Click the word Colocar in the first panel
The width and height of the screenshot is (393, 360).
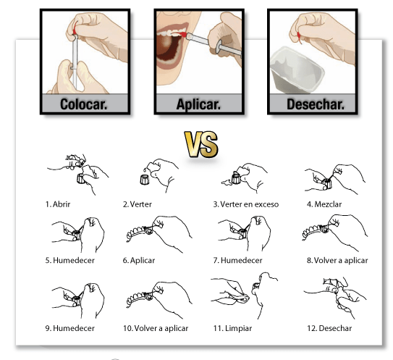pos(83,104)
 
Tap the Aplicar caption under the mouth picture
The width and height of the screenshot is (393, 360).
pos(198,104)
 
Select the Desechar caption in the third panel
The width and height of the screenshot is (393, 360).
pos(315,104)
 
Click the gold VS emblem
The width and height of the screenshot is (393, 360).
pos(201,144)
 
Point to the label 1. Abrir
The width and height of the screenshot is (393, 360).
pos(58,204)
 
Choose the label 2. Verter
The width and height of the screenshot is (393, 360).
pos(137,204)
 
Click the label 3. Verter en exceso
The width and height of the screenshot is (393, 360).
pos(246,204)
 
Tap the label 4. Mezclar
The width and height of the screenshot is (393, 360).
pos(324,204)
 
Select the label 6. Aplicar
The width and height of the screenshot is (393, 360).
pos(139,261)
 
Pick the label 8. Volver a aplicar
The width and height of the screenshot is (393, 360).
pos(337,261)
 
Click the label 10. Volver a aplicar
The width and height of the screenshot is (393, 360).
pos(156,328)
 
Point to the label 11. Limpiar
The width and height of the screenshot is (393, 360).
pos(232,328)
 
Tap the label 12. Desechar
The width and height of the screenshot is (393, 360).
pos(329,328)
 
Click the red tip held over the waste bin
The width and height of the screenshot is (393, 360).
pos(299,38)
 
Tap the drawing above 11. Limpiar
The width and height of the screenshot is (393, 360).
pos(245,296)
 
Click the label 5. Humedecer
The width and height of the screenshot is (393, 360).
pos(69,261)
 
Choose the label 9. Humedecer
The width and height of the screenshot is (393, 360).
pos(69,328)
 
